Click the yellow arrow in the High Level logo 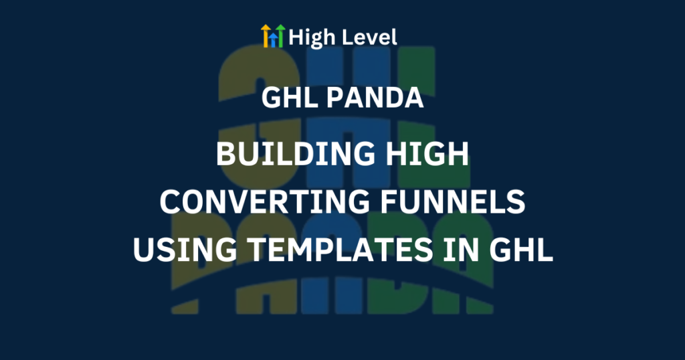(x=266, y=35)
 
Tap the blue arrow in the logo (x=273, y=39)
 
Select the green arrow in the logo (x=280, y=35)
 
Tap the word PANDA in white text (x=375, y=98)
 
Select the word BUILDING (x=295, y=154)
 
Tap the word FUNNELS (x=453, y=202)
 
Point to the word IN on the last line (x=461, y=250)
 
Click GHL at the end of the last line (x=521, y=250)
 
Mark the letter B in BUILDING (x=225, y=154)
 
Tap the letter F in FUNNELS (x=389, y=202)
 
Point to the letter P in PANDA (x=335, y=98)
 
